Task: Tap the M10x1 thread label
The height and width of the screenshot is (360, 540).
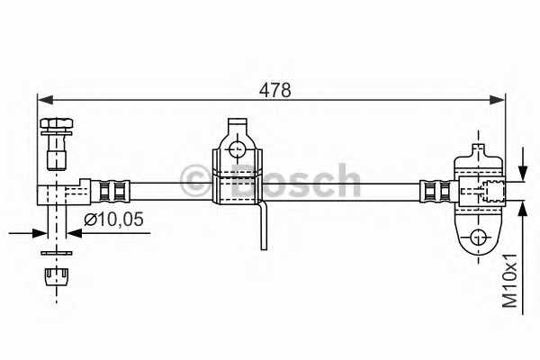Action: pyautogui.click(x=511, y=281)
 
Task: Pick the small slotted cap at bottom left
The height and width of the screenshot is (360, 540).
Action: pyautogui.click(x=58, y=274)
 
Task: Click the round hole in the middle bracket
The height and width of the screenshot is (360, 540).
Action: pyautogui.click(x=238, y=148)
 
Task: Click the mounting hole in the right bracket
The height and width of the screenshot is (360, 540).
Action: pyautogui.click(x=479, y=238)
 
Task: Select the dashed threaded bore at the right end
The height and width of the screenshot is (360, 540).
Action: pyautogui.click(x=490, y=190)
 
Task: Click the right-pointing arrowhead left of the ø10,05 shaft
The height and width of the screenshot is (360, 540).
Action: pyautogui.click(x=40, y=231)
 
